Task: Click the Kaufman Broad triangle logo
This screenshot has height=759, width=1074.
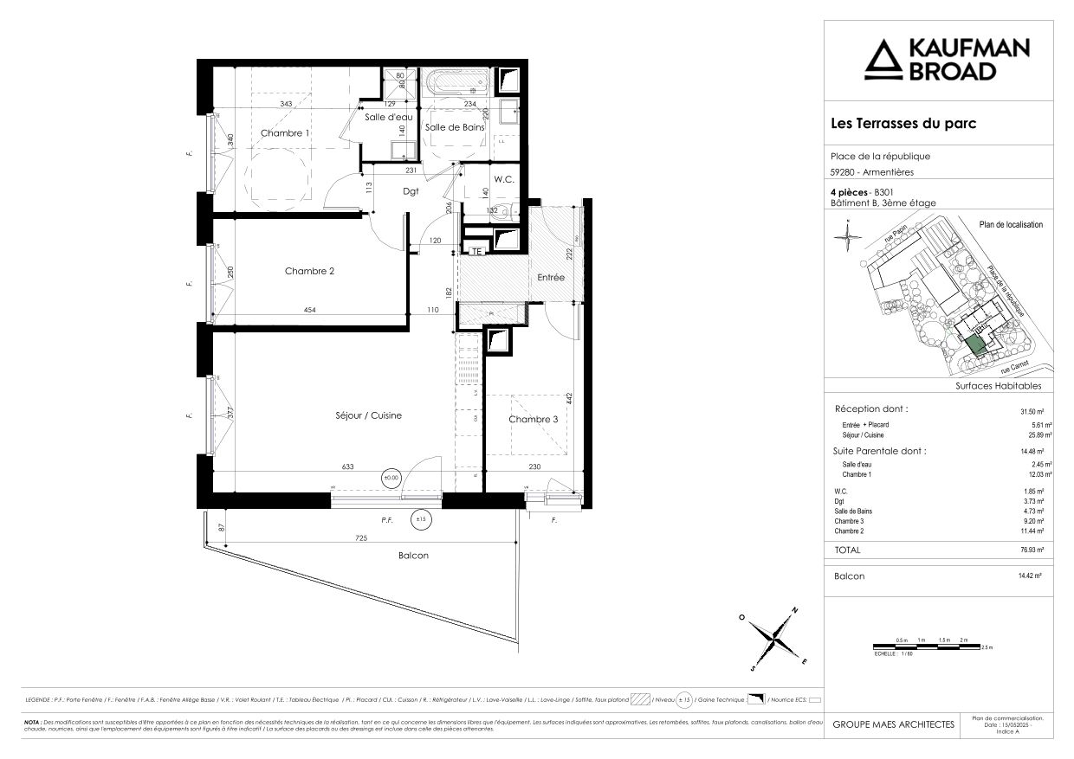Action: [x=884, y=59]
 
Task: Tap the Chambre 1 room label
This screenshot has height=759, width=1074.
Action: [x=286, y=133]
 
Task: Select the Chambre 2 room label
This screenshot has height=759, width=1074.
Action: [x=309, y=271]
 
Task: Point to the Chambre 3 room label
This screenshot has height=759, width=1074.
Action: [x=534, y=420]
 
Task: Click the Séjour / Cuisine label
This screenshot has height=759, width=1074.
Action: [x=368, y=416]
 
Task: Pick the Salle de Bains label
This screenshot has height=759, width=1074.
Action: [x=454, y=127]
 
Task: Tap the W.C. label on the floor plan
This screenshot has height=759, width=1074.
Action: [x=505, y=180]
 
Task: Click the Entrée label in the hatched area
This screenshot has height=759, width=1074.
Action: [x=550, y=278]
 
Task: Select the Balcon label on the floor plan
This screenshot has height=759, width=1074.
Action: [x=413, y=556]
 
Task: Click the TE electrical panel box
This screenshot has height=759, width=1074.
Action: [x=476, y=252]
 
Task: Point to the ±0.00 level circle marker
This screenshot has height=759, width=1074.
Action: [x=392, y=476]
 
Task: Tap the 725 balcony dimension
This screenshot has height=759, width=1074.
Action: [x=361, y=538]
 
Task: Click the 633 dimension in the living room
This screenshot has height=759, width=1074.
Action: [x=347, y=466]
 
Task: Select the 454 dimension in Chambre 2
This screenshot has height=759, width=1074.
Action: [x=307, y=310]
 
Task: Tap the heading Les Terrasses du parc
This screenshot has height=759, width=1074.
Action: [x=903, y=124]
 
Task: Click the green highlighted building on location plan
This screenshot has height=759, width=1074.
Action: [x=975, y=345]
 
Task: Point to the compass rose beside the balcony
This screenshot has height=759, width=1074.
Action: [x=773, y=639]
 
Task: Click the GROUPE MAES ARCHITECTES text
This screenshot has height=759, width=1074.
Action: [x=893, y=724]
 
